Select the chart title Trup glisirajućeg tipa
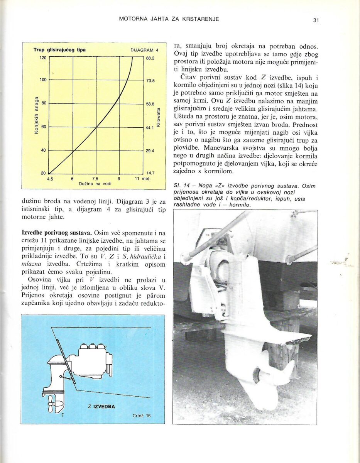tap(59, 50)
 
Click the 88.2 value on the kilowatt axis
tap(150, 58)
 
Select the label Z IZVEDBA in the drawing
tap(101, 406)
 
